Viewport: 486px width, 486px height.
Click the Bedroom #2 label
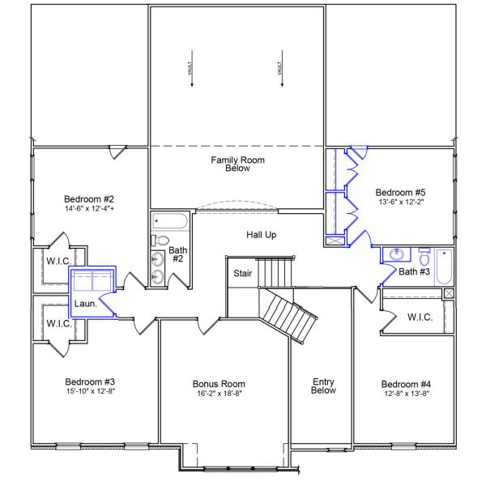pos(89,198)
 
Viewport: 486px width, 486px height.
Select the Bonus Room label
pos(219,384)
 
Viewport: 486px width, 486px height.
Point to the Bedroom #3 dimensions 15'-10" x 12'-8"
pos(89,392)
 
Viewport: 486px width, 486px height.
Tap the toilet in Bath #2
pos(160,241)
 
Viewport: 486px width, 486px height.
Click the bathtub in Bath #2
pos(169,221)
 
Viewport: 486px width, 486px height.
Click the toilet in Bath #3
pos(424,254)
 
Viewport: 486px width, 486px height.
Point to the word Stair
pos(243,274)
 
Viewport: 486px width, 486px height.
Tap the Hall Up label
pos(262,234)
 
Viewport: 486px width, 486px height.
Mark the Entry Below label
pos(324,386)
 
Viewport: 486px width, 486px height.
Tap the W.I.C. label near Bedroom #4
pos(420,317)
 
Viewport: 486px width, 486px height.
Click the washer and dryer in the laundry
pos(92,283)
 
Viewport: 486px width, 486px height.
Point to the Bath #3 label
pos(414,271)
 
